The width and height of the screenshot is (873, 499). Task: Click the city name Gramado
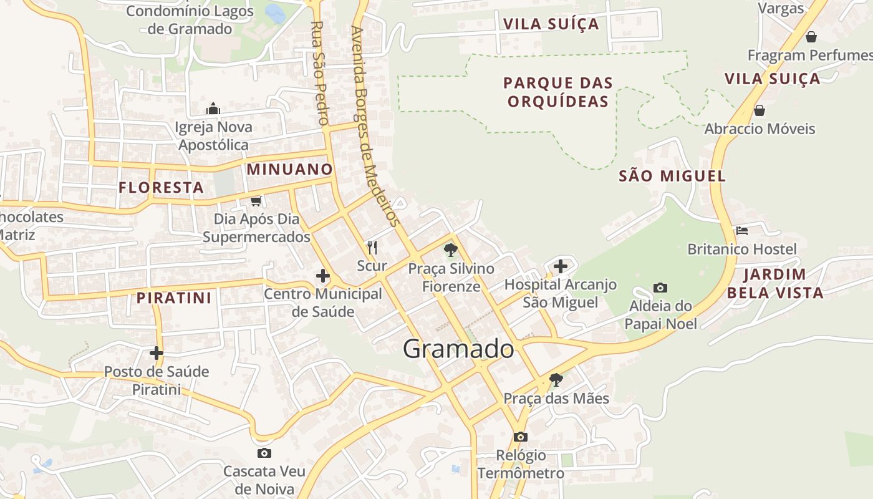point(458,349)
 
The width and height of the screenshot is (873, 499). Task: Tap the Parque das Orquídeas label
point(558,92)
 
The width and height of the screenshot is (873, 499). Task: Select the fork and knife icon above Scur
point(372,248)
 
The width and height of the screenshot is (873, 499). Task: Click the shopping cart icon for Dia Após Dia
point(256,201)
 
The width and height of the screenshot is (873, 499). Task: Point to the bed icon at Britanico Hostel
point(741,231)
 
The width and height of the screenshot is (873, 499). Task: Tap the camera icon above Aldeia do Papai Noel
point(660,288)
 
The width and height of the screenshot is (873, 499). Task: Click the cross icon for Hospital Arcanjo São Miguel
point(561,266)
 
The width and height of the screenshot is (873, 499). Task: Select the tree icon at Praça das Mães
point(556,379)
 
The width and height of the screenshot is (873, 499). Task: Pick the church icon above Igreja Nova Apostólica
point(213,109)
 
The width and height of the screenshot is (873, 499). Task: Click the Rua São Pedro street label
point(319,73)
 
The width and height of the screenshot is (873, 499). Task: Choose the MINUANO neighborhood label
point(290,169)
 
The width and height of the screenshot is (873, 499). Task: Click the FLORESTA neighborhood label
point(162,187)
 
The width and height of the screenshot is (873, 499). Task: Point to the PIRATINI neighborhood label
point(174,298)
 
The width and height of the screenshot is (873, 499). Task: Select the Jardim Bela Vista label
point(775,283)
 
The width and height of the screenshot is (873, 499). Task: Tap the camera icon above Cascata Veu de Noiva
point(264,453)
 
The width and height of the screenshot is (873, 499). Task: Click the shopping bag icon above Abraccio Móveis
point(759,110)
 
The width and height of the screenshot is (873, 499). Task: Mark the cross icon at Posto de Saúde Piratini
point(156,353)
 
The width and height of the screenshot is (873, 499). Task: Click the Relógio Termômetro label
point(521,464)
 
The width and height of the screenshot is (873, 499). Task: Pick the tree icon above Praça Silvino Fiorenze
point(450,250)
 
